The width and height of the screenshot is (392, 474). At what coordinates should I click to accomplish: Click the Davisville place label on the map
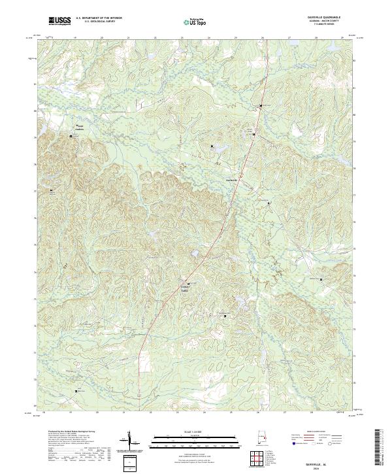231,180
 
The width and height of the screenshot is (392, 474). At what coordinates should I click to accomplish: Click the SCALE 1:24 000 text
195,432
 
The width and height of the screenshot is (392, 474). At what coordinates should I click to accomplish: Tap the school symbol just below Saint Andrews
72,136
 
